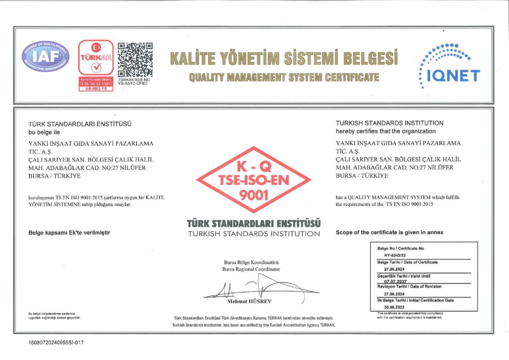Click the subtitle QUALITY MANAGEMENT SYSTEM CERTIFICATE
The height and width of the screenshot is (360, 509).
point(284,77)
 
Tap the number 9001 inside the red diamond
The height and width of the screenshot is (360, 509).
point(253,195)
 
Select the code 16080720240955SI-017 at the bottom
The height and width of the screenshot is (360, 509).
point(56,342)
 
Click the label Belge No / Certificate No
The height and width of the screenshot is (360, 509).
point(401,248)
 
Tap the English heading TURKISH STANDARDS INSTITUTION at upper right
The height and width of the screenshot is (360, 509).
point(389,123)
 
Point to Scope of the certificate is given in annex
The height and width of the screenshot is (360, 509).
point(389,233)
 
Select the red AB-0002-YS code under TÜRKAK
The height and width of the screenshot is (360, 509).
point(96,89)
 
